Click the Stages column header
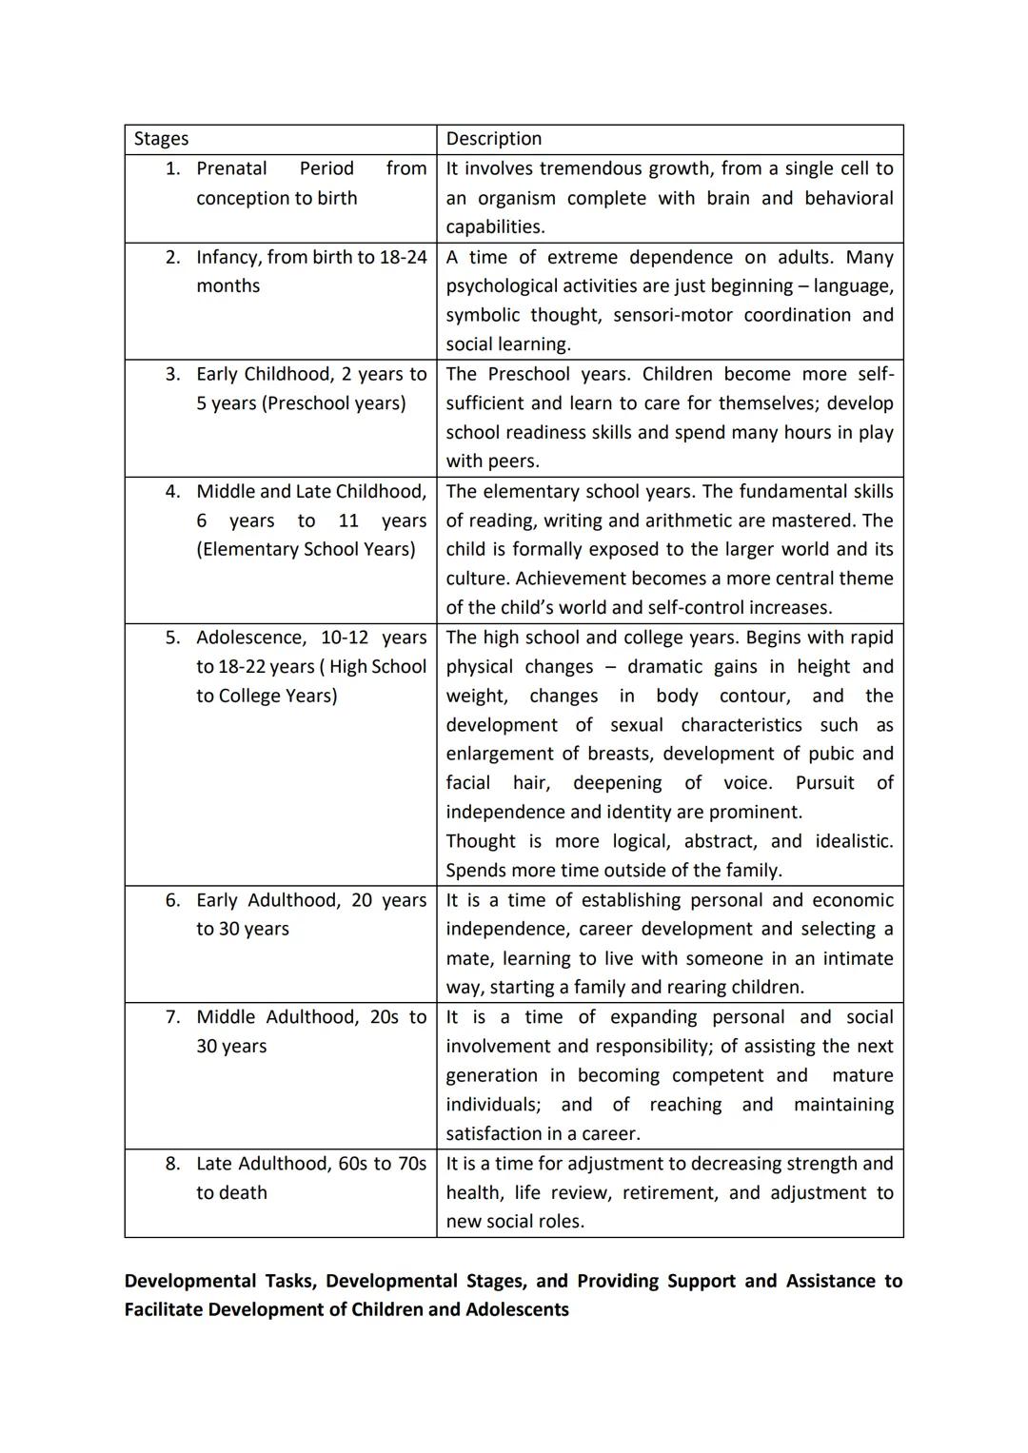point(161,139)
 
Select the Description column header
point(493,139)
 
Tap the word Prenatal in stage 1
point(231,168)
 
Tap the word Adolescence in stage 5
point(250,638)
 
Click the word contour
point(755,696)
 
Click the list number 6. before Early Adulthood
point(172,900)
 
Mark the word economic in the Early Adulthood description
point(854,900)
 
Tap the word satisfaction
point(501,1133)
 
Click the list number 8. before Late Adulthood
point(172,1164)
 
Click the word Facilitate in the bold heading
point(163,1309)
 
